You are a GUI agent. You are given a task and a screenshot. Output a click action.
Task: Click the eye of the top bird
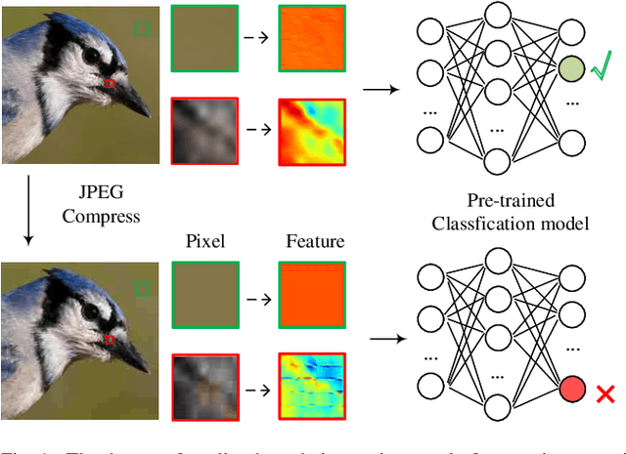click(x=90, y=57)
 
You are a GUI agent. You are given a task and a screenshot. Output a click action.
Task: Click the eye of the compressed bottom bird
click(x=91, y=311)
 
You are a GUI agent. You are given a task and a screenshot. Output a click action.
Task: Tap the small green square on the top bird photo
click(x=143, y=30)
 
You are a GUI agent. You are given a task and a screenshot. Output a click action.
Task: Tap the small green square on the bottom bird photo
click(x=143, y=288)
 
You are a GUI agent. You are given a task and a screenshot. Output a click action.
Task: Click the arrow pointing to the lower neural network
click(x=388, y=341)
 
